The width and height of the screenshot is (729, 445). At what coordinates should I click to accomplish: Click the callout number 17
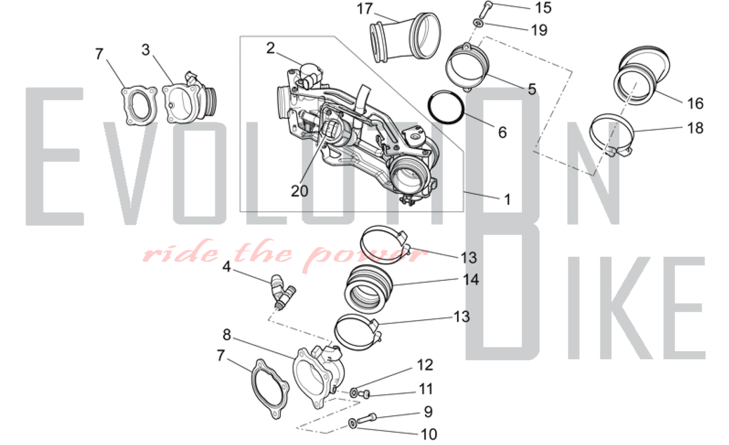click(x=364, y=9)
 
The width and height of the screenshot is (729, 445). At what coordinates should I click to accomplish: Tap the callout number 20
click(x=299, y=191)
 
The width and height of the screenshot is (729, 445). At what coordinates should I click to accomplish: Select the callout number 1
click(x=507, y=200)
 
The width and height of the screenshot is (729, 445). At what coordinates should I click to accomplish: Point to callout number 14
click(x=471, y=280)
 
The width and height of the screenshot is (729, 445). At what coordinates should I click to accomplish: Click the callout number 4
click(x=226, y=267)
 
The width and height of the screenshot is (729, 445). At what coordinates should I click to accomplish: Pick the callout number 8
click(x=226, y=335)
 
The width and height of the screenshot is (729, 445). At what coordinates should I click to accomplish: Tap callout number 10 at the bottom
click(x=429, y=434)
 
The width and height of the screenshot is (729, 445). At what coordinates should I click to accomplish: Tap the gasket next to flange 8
click(x=270, y=389)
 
